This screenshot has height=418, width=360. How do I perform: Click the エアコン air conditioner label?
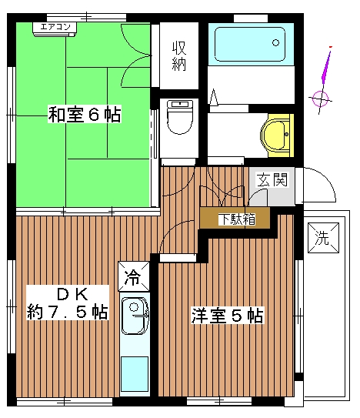pyautogui.click(x=55, y=28)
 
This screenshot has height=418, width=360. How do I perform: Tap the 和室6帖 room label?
pyautogui.click(x=84, y=115)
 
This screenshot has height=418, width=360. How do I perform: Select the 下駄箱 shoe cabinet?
pyautogui.click(x=235, y=219)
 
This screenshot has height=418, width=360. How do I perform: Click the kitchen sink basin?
pyautogui.click(x=135, y=316)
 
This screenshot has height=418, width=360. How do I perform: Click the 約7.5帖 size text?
pyautogui.click(x=67, y=313)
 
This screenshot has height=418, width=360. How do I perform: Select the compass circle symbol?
pyautogui.click(x=321, y=98)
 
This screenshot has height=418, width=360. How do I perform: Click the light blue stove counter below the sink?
pyautogui.click(x=135, y=375)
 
